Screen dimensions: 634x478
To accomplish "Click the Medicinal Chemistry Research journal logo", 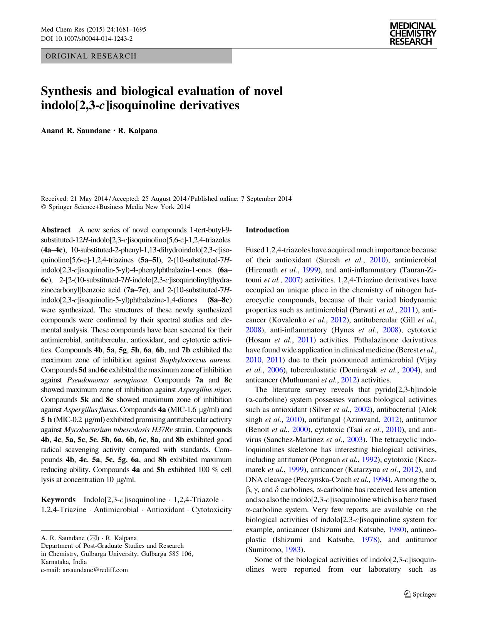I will click(413, 33).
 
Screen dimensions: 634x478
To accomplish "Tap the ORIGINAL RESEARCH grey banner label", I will click(91, 56).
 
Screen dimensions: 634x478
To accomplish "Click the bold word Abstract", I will click(56, 230).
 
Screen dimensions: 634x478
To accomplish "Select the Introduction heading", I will click(267, 230).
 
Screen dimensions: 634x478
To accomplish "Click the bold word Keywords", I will click(58, 500).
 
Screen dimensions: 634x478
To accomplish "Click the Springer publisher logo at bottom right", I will click(420, 594).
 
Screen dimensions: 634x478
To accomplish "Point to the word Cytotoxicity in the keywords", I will click(211, 510).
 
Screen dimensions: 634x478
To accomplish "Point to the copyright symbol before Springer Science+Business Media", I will click(43, 207).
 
